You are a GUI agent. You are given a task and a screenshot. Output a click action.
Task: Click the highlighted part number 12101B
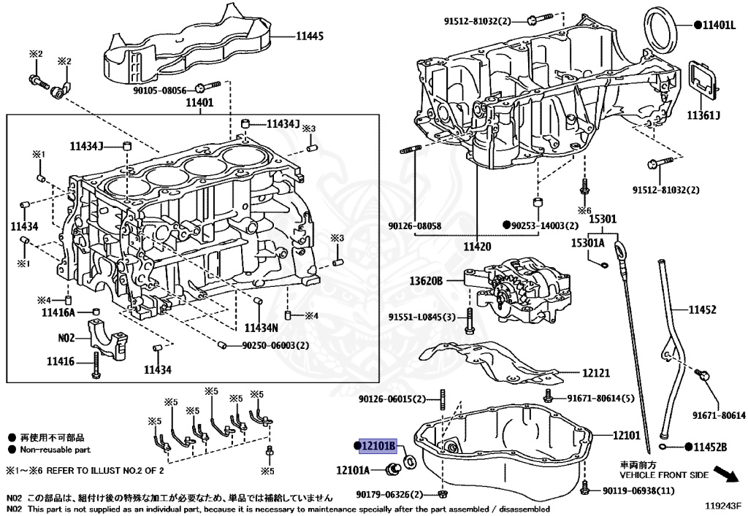[x=378, y=445]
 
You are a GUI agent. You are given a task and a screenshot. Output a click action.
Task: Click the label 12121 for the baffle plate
[x=595, y=373]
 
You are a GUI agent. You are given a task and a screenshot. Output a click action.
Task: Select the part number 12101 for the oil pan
[x=626, y=436]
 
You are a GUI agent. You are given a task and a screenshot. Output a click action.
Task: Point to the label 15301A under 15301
[x=587, y=243]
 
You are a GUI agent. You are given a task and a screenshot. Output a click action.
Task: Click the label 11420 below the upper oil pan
[x=477, y=247]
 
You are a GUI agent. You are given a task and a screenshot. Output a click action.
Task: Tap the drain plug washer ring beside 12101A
[x=410, y=461]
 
